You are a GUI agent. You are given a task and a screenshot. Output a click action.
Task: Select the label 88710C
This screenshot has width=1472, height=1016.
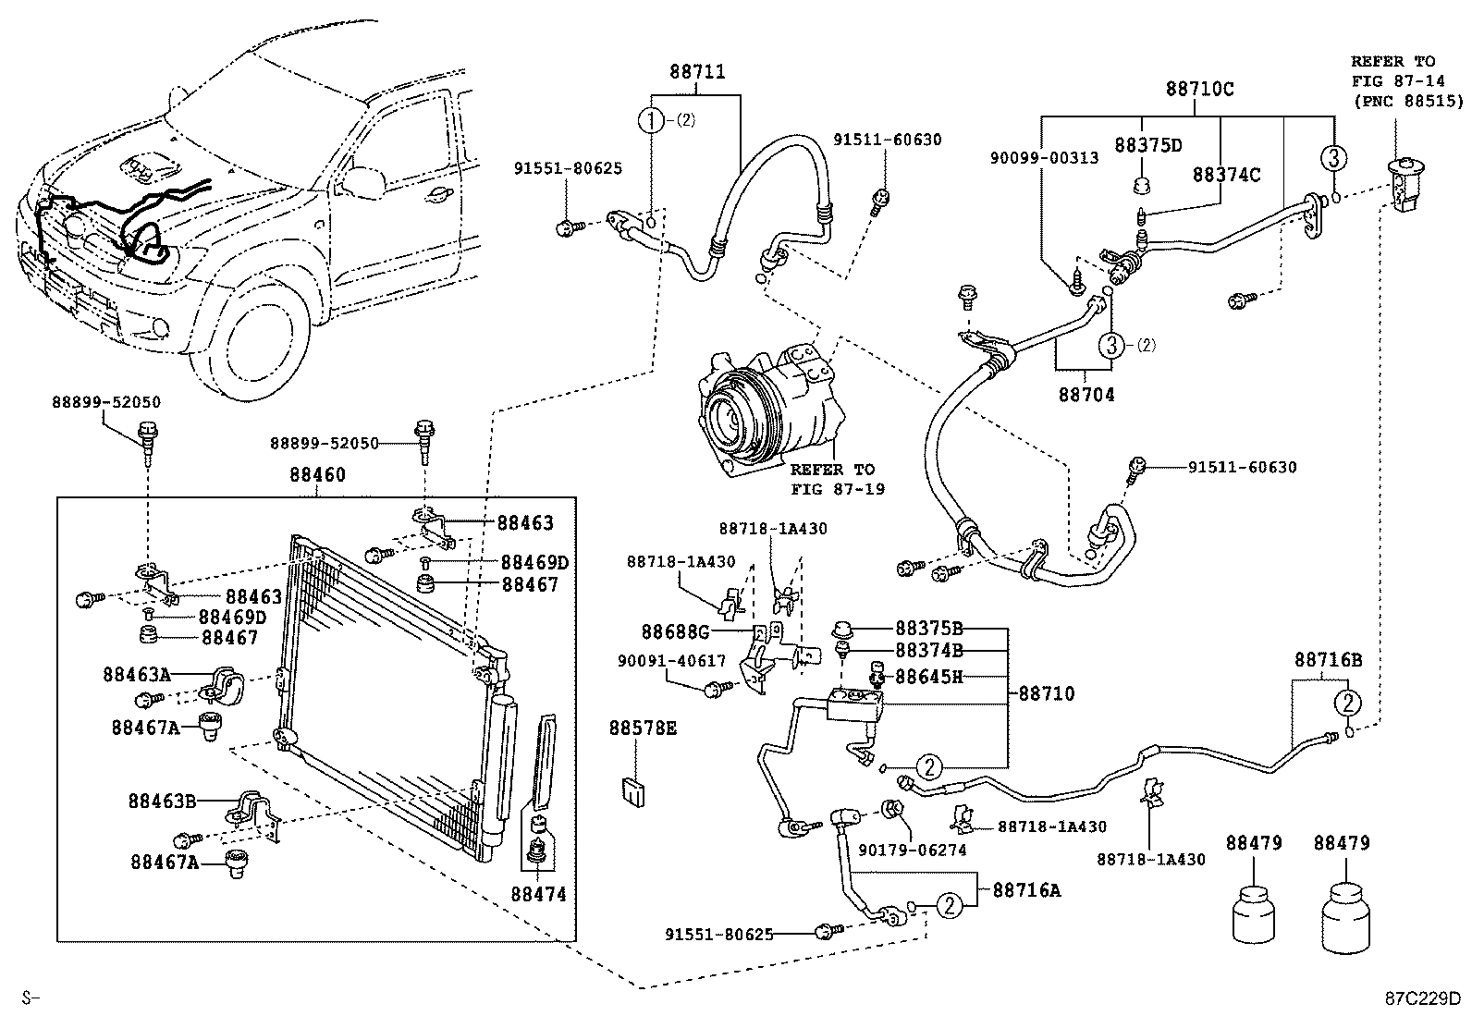(1199, 90)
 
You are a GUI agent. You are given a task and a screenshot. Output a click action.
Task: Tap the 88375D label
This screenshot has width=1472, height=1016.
(1148, 145)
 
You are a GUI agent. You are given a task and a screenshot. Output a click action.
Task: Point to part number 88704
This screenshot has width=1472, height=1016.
(1086, 395)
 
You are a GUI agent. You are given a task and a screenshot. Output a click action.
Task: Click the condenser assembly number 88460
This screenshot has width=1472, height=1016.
(317, 475)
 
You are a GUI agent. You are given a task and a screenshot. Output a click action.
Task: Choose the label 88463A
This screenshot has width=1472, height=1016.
(137, 676)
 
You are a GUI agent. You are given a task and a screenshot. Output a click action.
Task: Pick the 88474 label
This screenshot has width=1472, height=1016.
(538, 894)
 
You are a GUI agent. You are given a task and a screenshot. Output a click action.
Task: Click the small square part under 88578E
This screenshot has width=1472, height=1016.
(632, 791)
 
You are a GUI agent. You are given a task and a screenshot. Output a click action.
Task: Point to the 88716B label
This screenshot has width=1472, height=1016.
(1329, 659)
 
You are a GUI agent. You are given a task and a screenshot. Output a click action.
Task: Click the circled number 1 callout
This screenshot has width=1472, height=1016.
(652, 119)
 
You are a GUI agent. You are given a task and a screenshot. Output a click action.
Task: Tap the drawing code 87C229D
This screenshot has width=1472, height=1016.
(1422, 999)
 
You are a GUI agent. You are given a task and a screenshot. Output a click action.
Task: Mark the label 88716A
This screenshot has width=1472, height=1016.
(1026, 890)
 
